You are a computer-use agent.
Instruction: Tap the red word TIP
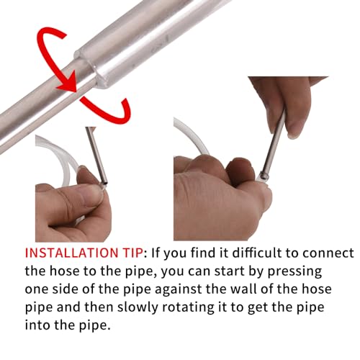coord(131,253)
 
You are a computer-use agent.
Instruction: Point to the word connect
coord(328,253)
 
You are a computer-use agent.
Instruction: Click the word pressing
coord(294,272)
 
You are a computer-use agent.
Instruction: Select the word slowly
coord(137,307)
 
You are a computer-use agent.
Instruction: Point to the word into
coord(37,325)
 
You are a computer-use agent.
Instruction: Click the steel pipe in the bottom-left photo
coord(96,156)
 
